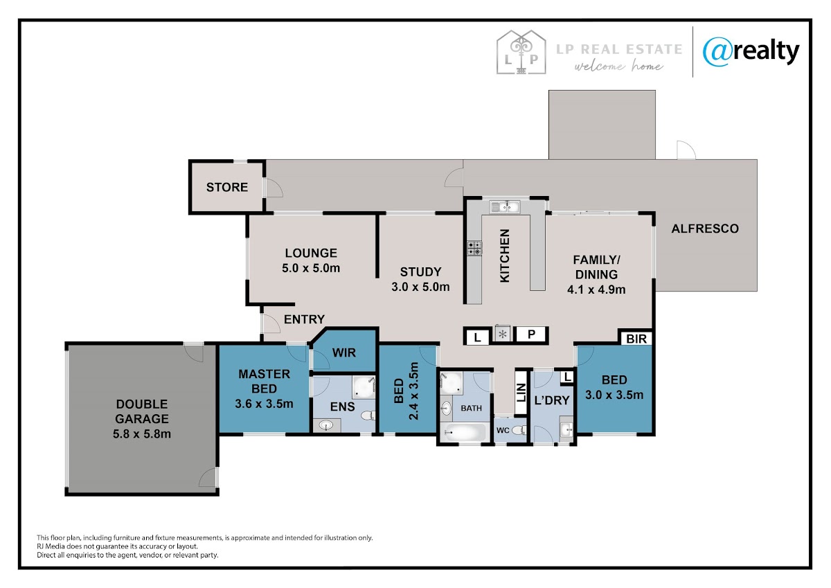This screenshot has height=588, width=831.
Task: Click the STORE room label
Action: pyautogui.click(x=227, y=188)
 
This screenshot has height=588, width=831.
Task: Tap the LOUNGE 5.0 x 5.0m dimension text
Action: pyautogui.click(x=311, y=268)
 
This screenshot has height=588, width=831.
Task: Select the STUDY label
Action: pyautogui.click(x=421, y=272)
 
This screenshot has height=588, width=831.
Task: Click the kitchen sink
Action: pyautogui.click(x=505, y=207)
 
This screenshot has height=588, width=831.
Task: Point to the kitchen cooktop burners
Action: pyautogui.click(x=474, y=248)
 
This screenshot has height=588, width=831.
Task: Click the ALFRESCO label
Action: pyautogui.click(x=705, y=229)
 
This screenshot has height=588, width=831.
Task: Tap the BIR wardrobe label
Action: pyautogui.click(x=636, y=339)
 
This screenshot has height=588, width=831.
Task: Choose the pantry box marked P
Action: pyautogui.click(x=531, y=335)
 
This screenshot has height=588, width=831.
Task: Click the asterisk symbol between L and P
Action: pyautogui.click(x=503, y=335)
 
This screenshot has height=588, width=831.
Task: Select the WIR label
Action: pyautogui.click(x=344, y=353)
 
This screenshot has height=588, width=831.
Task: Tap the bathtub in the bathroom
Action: pyautogui.click(x=465, y=433)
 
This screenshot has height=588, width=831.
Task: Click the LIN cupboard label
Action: pyautogui.click(x=521, y=393)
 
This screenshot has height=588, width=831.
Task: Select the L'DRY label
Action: pyautogui.click(x=552, y=400)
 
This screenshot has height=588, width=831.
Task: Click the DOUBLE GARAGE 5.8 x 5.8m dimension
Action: pyautogui.click(x=142, y=434)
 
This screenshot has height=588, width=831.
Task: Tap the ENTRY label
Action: pyautogui.click(x=304, y=319)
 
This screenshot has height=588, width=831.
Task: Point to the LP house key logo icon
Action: pyautogui.click(x=521, y=52)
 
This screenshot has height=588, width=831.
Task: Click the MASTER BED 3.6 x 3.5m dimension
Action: pyautogui.click(x=264, y=404)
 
